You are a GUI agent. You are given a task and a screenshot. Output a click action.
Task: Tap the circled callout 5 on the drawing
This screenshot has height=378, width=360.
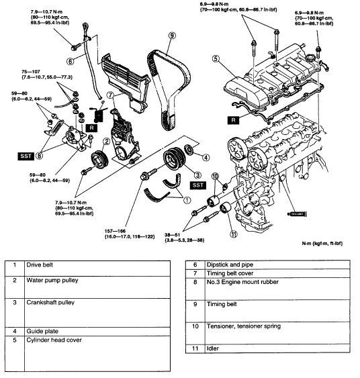(x=216, y=58)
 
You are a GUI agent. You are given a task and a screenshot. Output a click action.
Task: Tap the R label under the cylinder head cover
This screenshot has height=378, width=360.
(x=233, y=120)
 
